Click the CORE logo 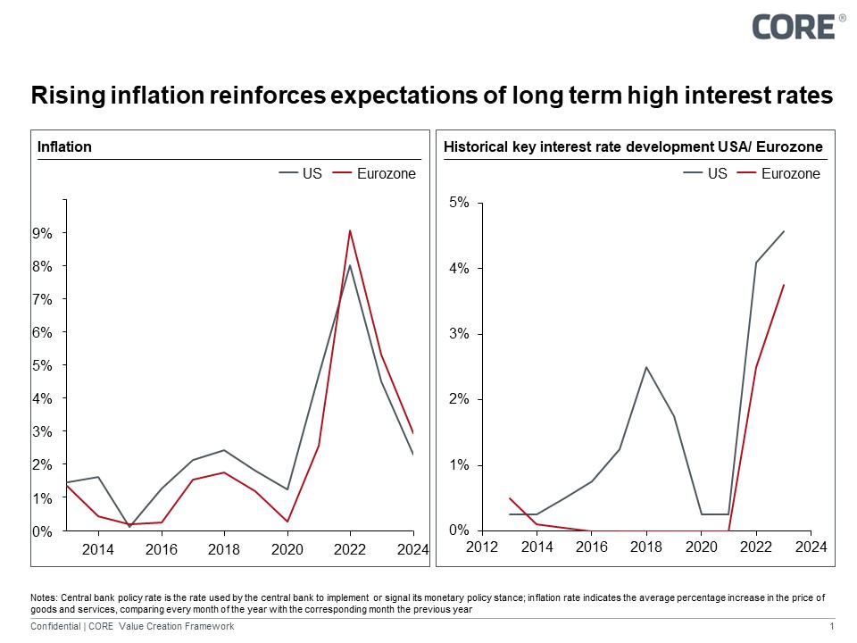[793, 26]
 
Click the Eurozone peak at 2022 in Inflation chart [350, 230]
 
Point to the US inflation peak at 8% [350, 264]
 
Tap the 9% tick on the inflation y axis [44, 233]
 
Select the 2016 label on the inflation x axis [161, 548]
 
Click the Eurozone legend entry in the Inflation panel [375, 174]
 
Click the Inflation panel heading [64, 146]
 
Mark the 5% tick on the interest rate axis [459, 203]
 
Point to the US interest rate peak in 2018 [645, 367]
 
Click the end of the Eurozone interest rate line [784, 285]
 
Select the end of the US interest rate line [784, 231]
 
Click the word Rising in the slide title [62, 95]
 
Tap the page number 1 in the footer [831, 627]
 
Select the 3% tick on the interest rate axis [459, 334]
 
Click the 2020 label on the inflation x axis [287, 548]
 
